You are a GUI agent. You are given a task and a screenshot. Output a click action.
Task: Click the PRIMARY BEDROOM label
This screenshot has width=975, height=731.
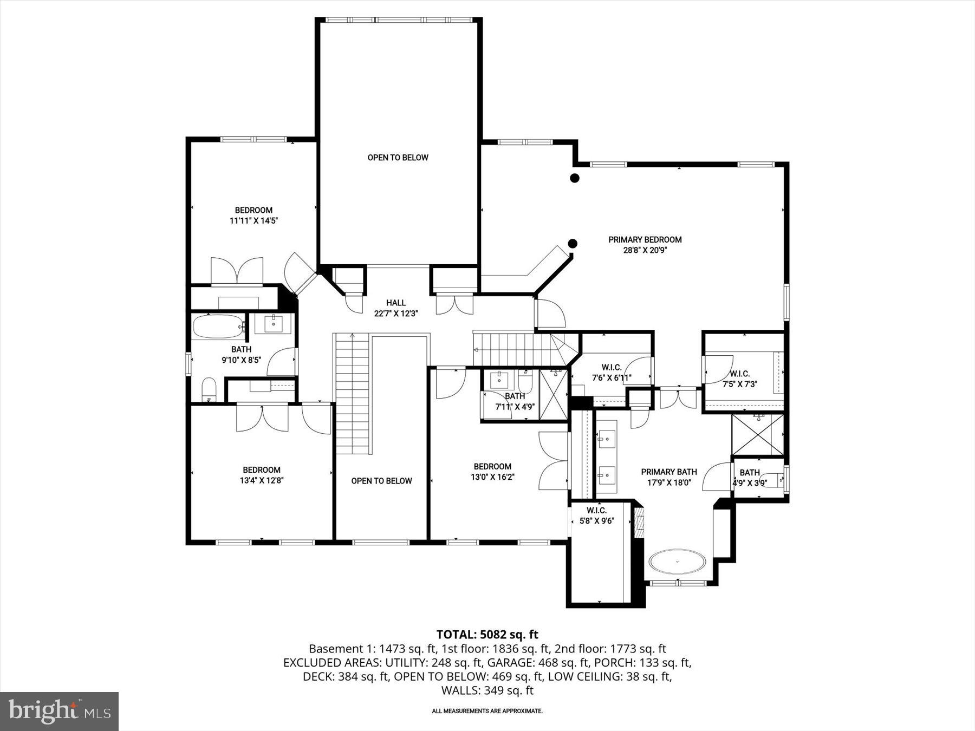point(645,239)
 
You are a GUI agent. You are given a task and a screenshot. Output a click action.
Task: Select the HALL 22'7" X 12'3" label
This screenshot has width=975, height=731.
point(396,308)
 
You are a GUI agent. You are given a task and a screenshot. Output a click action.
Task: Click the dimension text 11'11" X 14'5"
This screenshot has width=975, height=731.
point(253,220)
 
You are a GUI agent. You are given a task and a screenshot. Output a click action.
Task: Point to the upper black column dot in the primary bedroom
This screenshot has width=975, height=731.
point(575,178)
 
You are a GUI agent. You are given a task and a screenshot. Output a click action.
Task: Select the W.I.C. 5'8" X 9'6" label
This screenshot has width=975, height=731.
point(596,515)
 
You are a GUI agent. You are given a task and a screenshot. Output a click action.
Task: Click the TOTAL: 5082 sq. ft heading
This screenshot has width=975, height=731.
point(487,634)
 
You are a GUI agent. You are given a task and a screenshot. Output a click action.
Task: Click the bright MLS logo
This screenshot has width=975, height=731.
point(59,711)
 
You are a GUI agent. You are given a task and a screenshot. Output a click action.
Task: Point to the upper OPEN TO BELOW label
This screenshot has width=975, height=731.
point(398,158)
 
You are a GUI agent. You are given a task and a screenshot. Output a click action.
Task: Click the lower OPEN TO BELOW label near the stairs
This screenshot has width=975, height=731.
point(381,481)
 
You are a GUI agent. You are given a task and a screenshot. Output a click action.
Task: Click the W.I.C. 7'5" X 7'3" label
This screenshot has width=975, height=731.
point(739,378)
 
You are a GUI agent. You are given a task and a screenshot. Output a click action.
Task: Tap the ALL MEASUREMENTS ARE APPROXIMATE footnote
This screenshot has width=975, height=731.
point(487,711)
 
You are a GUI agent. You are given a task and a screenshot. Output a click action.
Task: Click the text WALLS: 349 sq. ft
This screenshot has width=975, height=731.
point(487,690)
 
